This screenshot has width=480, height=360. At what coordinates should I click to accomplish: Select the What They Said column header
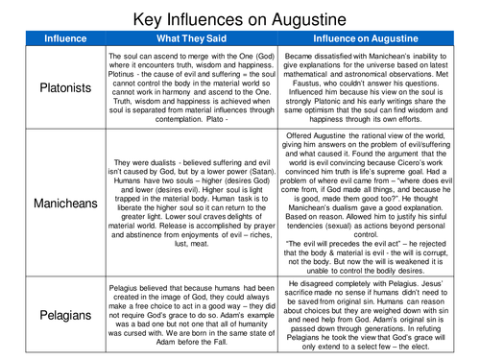click(x=185, y=39)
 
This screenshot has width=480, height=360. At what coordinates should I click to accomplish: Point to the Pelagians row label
click(x=53, y=314)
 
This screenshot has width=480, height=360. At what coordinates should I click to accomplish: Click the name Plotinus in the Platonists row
click(x=127, y=71)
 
